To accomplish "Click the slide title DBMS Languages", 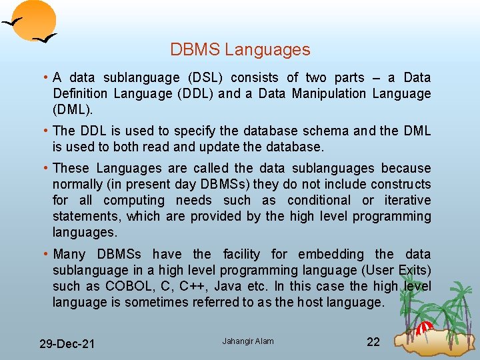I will [240, 50].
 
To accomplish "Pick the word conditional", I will [319, 201].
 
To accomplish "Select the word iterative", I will [407, 201].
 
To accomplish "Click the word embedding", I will [331, 254].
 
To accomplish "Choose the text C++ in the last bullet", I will [195, 286].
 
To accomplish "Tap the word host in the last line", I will [309, 302].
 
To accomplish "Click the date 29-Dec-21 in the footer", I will [67, 344].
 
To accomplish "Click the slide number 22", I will [373, 342].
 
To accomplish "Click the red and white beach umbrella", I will [425, 327].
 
